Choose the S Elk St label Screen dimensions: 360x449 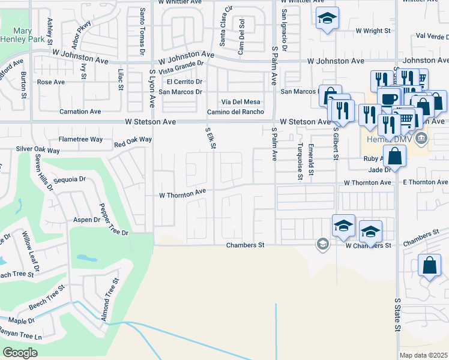pyautogui.click(x=211, y=138)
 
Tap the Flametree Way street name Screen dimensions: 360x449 pyautogui.click(x=80, y=139)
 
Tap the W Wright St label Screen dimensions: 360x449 pyautogui.click(x=373, y=30)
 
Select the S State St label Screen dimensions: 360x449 pyautogui.click(x=397, y=315)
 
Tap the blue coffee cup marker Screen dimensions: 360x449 pyautogui.click(x=388, y=97)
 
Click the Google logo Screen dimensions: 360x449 pyautogui.click(x=20, y=352)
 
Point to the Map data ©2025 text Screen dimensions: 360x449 pyautogui.click(x=423, y=355)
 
